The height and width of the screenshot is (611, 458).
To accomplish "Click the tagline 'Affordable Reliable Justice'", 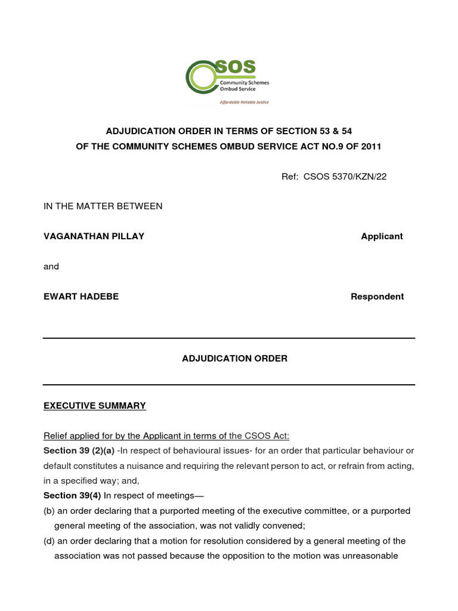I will coord(245,102).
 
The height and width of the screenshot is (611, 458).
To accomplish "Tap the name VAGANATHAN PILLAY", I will coord(94,236).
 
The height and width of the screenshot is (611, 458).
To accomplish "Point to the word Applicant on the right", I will coord(382,236).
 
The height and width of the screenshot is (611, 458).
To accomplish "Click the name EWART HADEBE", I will coord(81,297).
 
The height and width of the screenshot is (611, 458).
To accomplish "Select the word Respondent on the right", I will coord(377,297).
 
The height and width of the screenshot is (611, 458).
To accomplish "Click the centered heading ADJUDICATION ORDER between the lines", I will coord(234,359).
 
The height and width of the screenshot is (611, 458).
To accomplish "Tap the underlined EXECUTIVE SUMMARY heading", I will coord(95,406).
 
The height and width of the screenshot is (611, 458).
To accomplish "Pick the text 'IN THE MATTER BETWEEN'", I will coord(103,206).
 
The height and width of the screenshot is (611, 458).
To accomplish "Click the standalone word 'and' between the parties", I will coord(51,267).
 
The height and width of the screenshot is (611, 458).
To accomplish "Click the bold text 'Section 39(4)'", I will coord(72,496).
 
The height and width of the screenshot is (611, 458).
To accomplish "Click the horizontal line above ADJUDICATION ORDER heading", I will coord(229,338).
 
